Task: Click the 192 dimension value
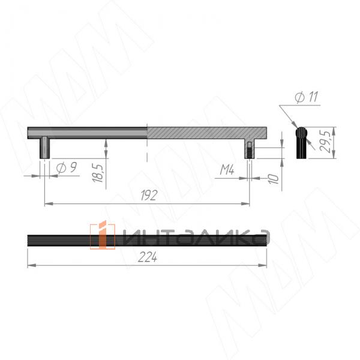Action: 149,195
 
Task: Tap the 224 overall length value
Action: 148,257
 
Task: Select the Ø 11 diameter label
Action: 307,97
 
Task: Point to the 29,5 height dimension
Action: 325,142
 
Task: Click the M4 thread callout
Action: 227,170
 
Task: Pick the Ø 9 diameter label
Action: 67,168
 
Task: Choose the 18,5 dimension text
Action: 98,173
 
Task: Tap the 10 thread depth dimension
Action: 273,179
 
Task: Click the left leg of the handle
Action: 45,148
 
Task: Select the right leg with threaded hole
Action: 250,149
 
